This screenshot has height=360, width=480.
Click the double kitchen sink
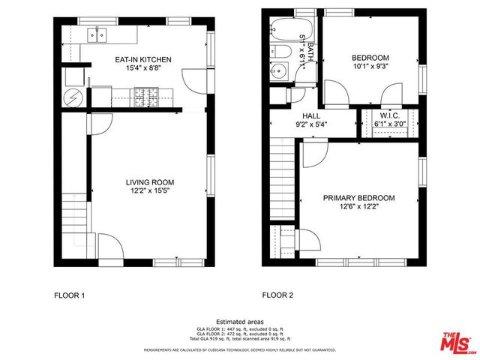(97, 34)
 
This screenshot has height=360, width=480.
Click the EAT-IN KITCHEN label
(142, 58)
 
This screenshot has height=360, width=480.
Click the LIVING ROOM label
(149, 182)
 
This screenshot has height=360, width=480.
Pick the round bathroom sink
(279, 72)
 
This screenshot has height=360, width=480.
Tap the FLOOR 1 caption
(69, 295)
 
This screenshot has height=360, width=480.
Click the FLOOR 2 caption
(277, 295)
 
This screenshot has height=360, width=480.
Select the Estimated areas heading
(239, 321)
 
